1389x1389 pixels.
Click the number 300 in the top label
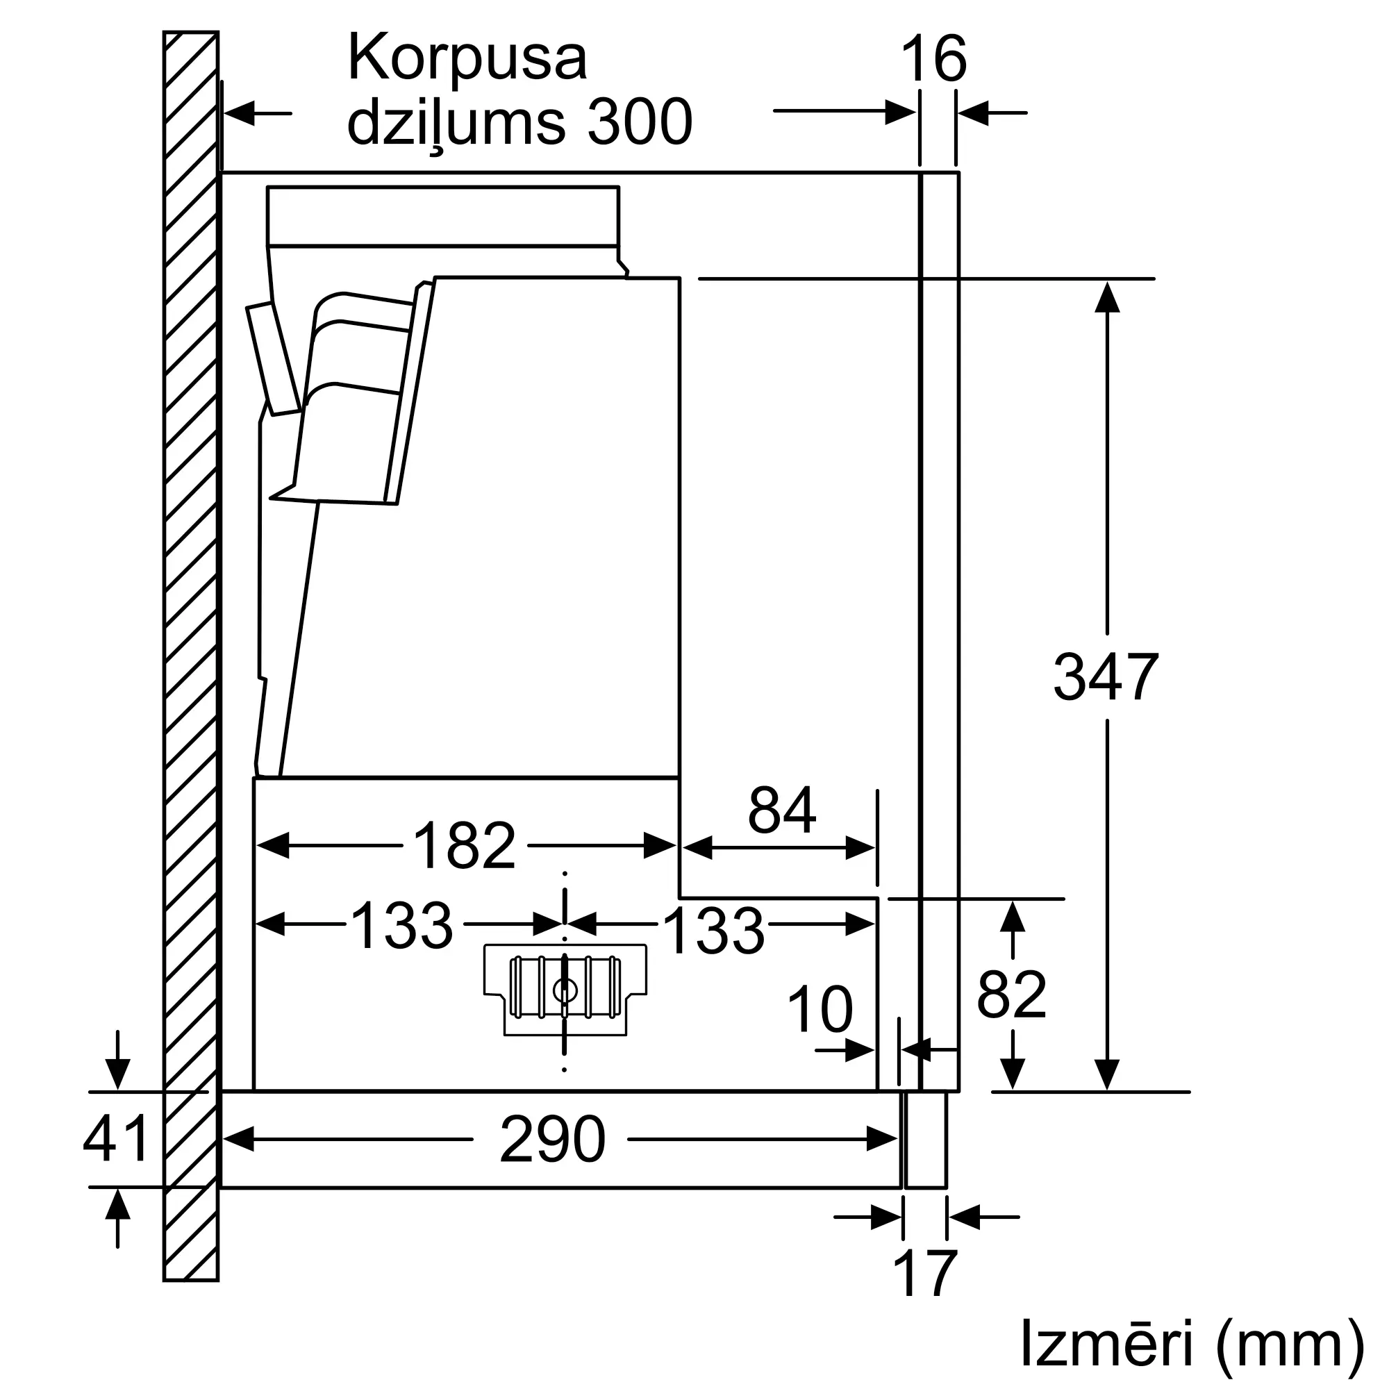tap(639, 122)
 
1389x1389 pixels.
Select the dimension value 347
tap(1106, 676)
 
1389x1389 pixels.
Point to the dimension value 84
tap(781, 810)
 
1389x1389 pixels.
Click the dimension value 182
tap(465, 846)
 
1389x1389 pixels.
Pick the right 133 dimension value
tap(713, 931)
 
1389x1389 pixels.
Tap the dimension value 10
tap(820, 1010)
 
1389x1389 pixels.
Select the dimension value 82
tap(1012, 995)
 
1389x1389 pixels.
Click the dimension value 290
tap(552, 1140)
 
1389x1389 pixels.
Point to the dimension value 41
tap(116, 1139)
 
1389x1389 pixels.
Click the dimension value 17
tap(925, 1272)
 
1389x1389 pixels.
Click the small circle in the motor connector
tap(565, 992)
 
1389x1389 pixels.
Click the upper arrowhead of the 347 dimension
tap(1107, 297)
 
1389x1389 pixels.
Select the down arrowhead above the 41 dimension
tap(117, 1074)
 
